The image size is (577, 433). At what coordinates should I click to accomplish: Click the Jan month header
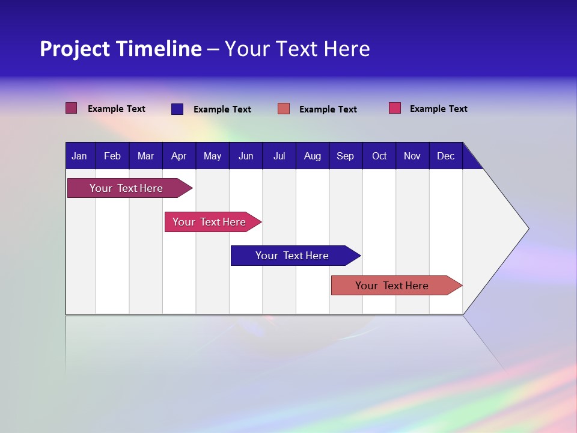(80, 156)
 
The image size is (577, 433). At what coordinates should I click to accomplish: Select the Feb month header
(112, 156)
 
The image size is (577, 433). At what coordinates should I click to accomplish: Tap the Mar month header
(145, 156)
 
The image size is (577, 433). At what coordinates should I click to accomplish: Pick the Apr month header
(179, 156)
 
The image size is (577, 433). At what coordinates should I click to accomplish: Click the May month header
(212, 156)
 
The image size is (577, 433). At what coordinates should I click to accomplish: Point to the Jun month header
(246, 156)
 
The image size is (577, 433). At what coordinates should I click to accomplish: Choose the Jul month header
(279, 156)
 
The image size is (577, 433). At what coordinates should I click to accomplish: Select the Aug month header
(313, 156)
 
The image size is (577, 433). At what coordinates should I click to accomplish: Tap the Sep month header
(346, 156)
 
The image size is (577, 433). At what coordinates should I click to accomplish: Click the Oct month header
(379, 156)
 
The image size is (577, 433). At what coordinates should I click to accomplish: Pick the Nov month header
(412, 156)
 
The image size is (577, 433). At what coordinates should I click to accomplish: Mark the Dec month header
(446, 156)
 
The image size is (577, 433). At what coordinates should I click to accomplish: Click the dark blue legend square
(177, 109)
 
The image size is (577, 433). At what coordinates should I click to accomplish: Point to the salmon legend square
(284, 109)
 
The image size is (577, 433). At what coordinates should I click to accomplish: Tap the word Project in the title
(74, 49)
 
